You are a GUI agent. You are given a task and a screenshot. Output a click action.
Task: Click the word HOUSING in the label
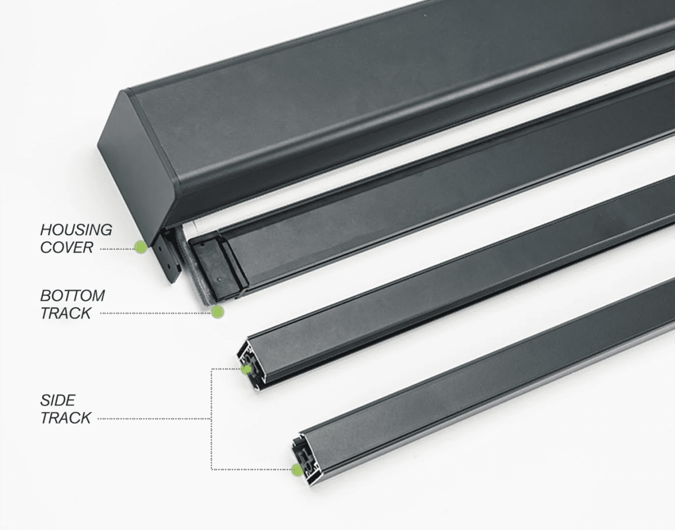click(76, 230)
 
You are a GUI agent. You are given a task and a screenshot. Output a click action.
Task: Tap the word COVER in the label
click(67, 248)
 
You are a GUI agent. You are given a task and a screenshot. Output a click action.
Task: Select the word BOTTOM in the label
click(73, 295)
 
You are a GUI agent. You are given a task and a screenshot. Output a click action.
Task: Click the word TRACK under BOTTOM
click(66, 313)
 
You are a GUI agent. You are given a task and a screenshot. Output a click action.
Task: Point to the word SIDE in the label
click(58, 400)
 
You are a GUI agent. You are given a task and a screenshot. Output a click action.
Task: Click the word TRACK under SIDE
click(66, 417)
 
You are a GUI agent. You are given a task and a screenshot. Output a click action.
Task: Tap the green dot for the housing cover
click(141, 247)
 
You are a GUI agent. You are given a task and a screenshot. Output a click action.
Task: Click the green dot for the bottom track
click(218, 312)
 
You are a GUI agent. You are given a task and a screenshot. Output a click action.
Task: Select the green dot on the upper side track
click(246, 370)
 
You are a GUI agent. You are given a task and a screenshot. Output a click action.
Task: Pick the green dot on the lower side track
click(297, 470)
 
